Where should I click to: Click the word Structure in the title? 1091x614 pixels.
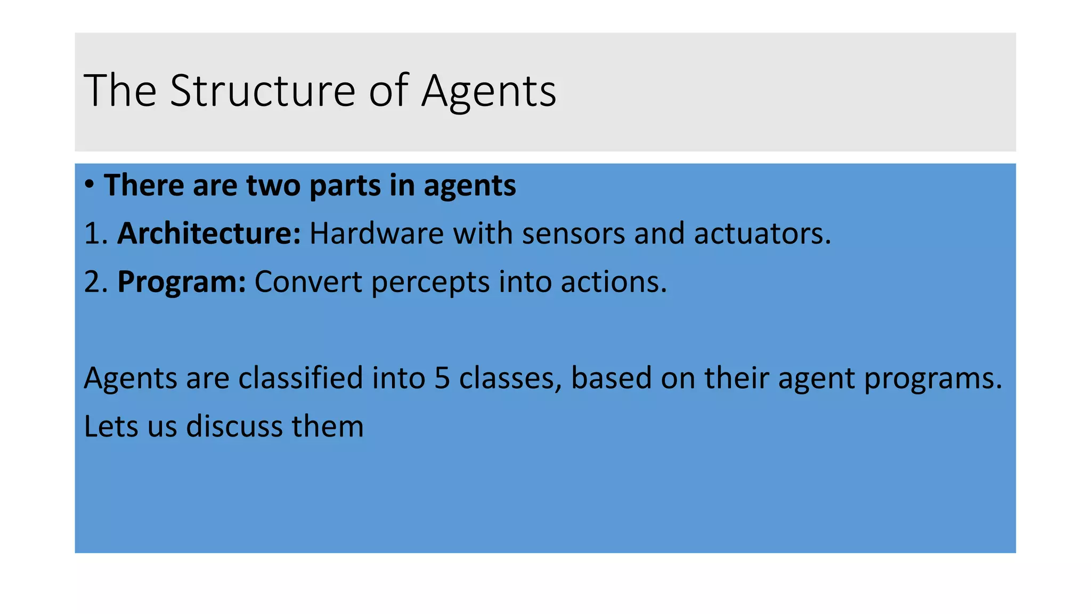pyautogui.click(x=263, y=91)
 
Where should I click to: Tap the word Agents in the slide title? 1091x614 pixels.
pyautogui.click(x=488, y=92)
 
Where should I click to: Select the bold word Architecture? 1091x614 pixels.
pyautogui.click(x=209, y=233)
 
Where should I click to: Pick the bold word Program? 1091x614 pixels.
pyautogui.click(x=181, y=282)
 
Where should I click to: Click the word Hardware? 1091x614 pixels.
pyautogui.click(x=376, y=233)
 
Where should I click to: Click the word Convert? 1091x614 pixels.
pyautogui.click(x=308, y=282)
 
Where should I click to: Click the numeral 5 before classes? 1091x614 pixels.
pyautogui.click(x=442, y=378)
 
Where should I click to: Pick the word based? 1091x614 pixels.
pyautogui.click(x=611, y=378)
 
